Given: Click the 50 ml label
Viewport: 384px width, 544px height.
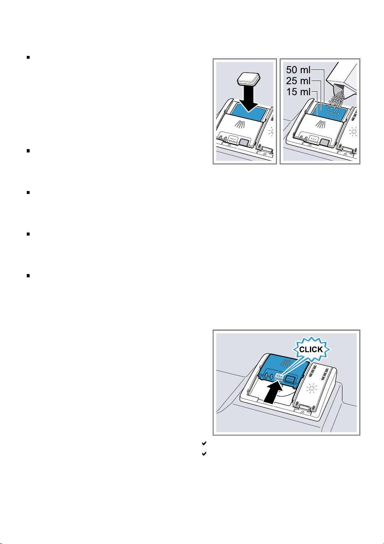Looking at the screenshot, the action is tap(298, 70).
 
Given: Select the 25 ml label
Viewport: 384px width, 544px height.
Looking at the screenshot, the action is tap(298, 81).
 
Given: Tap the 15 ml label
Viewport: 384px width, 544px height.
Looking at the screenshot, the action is tap(298, 92).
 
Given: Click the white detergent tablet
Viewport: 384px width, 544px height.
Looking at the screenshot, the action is tap(249, 79).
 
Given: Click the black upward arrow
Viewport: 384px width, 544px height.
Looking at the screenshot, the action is tap(273, 393).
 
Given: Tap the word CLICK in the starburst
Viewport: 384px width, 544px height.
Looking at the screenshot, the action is tap(311, 350).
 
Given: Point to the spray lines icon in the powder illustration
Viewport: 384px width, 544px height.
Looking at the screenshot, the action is tap(321, 124).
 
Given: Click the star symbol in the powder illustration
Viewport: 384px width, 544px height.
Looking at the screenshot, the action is tap(352, 131).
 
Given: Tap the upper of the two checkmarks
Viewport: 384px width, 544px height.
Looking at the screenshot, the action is tap(204, 443).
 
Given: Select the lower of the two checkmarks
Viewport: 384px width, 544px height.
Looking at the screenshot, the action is tap(204, 454).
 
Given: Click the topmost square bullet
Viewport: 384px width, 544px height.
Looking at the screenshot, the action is tap(28, 57).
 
